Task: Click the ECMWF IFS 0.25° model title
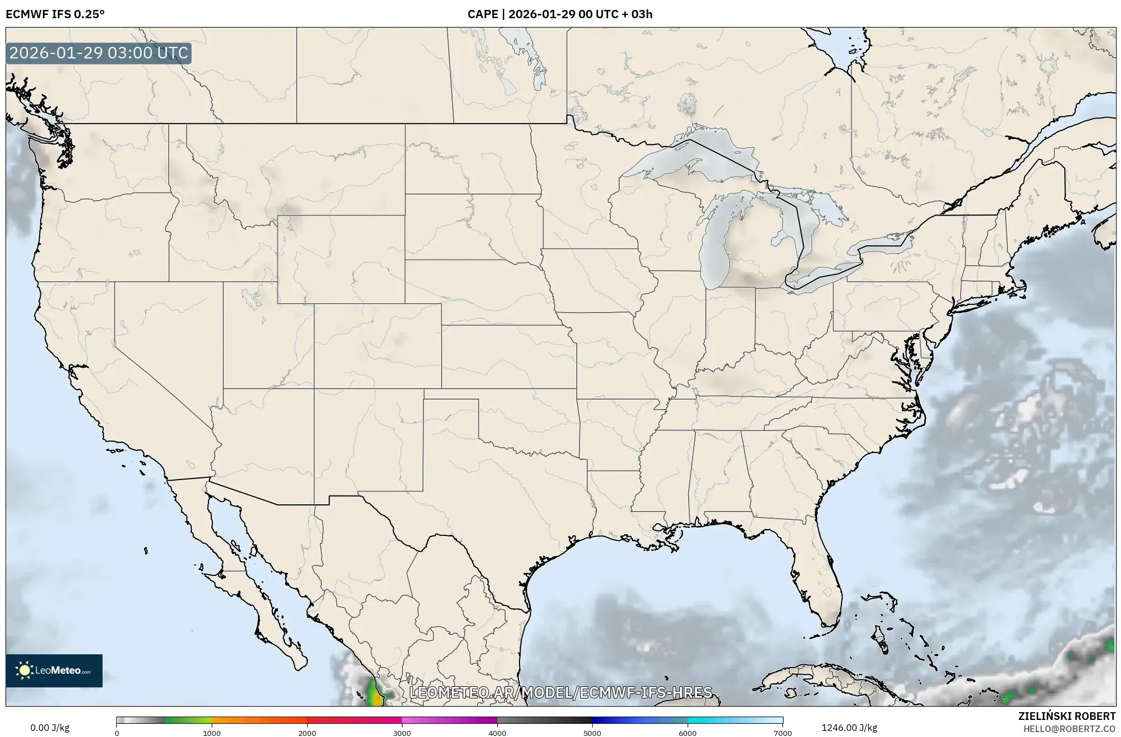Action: click(x=55, y=14)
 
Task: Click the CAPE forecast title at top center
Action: click(x=560, y=14)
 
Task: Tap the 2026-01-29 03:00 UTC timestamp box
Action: click(x=99, y=53)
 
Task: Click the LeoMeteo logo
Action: click(x=54, y=670)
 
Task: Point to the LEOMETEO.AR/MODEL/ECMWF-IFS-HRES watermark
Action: click(x=561, y=692)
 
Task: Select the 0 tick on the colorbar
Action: click(x=117, y=733)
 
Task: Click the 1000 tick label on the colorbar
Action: click(x=212, y=733)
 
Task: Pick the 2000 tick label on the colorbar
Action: click(x=307, y=733)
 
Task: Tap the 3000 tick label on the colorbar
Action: click(x=402, y=733)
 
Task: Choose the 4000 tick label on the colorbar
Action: click(x=497, y=733)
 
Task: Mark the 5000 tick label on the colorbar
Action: click(x=592, y=733)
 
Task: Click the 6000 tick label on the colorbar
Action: click(x=688, y=733)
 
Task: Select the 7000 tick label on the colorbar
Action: click(x=782, y=733)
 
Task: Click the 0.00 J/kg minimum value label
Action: click(x=50, y=728)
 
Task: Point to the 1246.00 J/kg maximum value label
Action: click(x=849, y=728)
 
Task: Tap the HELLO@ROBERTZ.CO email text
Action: click(x=1069, y=728)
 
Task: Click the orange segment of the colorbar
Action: click(x=259, y=720)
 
